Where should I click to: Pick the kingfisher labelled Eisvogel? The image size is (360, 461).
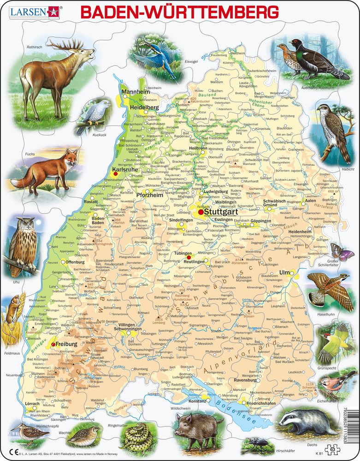[154, 51]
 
